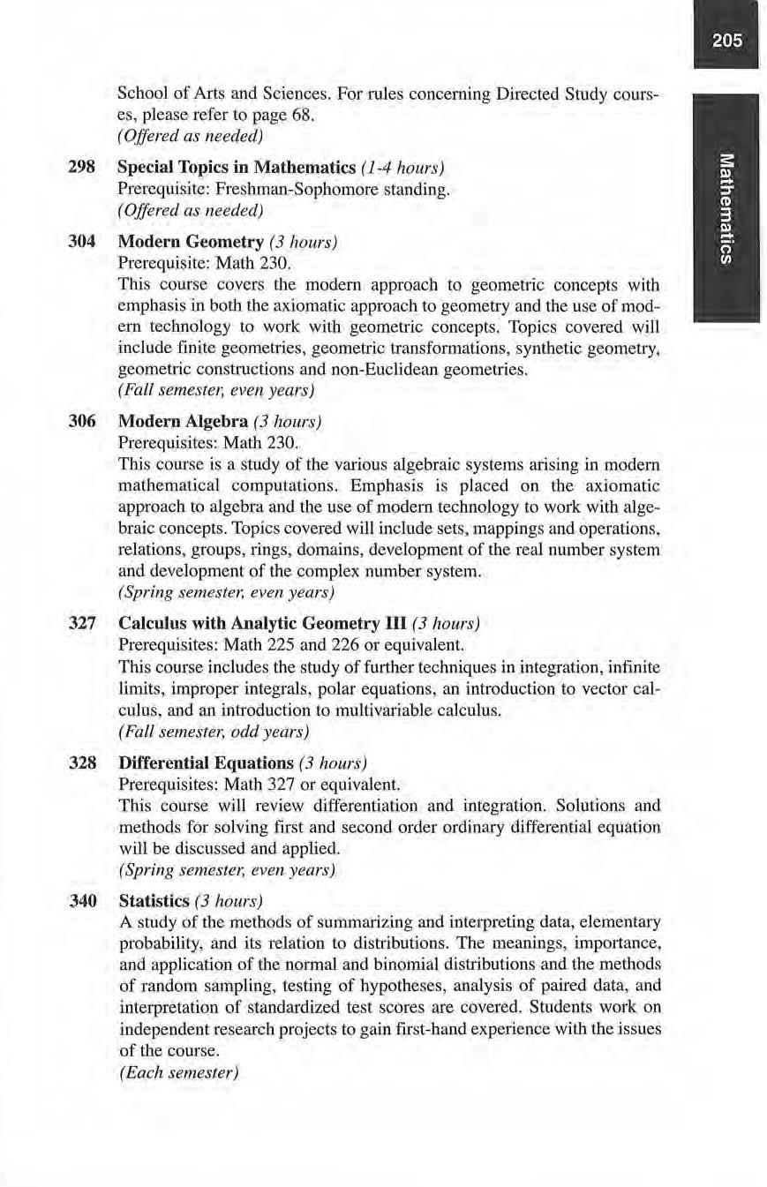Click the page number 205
pos(729,41)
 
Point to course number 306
pos(82,422)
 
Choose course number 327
pos(82,624)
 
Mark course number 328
pos(82,762)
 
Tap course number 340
pos(82,900)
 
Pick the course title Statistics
pos(154,900)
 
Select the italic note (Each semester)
pos(178,1072)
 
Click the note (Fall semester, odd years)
pos(213,732)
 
